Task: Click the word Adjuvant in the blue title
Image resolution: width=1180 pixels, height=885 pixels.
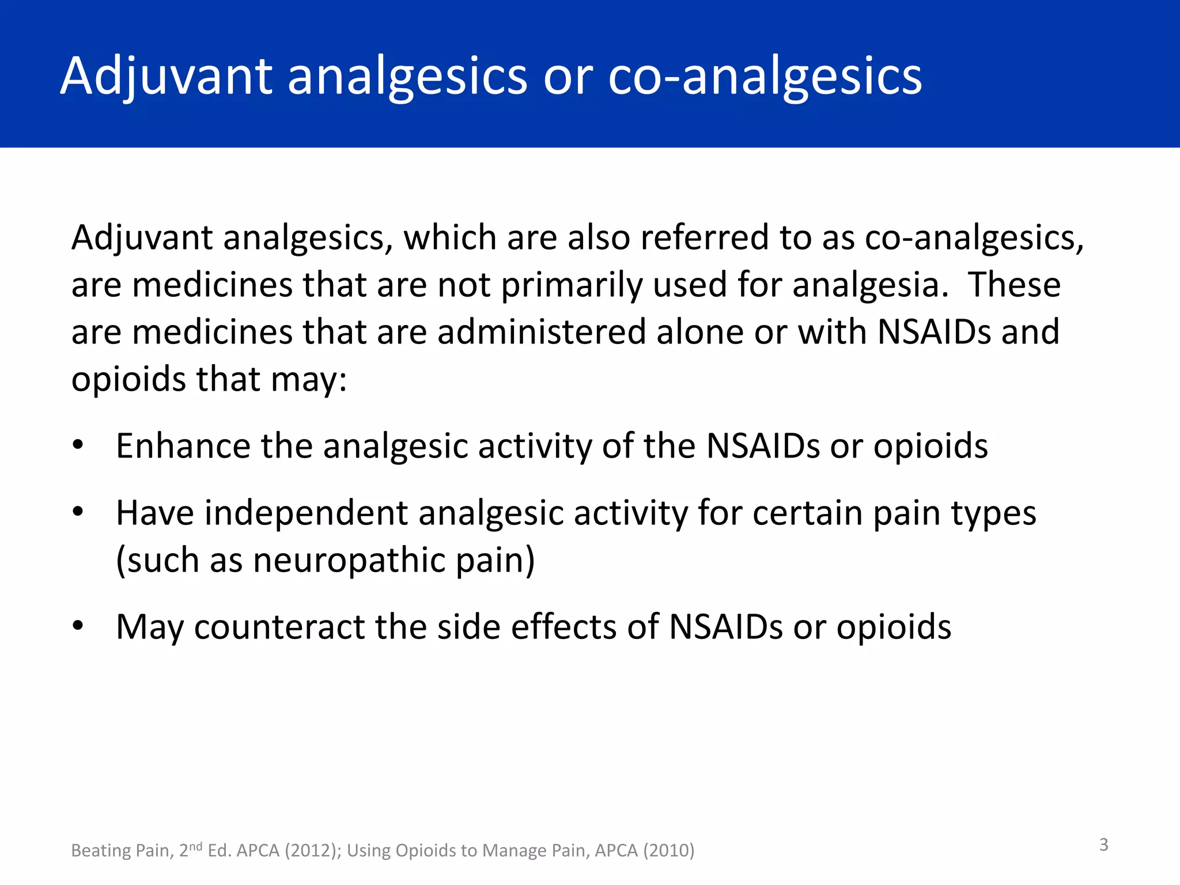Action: tap(166, 77)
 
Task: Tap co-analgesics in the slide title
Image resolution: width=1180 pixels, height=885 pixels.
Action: tap(765, 77)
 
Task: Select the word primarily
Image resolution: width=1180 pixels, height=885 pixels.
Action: tap(571, 285)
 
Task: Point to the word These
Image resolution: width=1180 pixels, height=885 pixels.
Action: tap(1014, 285)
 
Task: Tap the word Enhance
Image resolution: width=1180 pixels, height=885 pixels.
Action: tap(183, 446)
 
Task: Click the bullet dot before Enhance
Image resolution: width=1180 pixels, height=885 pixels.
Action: tap(78, 445)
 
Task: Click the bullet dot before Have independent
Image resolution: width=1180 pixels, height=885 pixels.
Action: tap(78, 512)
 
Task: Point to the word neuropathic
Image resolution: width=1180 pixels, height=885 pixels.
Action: tap(349, 560)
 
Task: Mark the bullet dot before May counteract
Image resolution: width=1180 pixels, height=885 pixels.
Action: tap(78, 626)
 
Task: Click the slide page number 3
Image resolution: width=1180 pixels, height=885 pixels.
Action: tap(1103, 845)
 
